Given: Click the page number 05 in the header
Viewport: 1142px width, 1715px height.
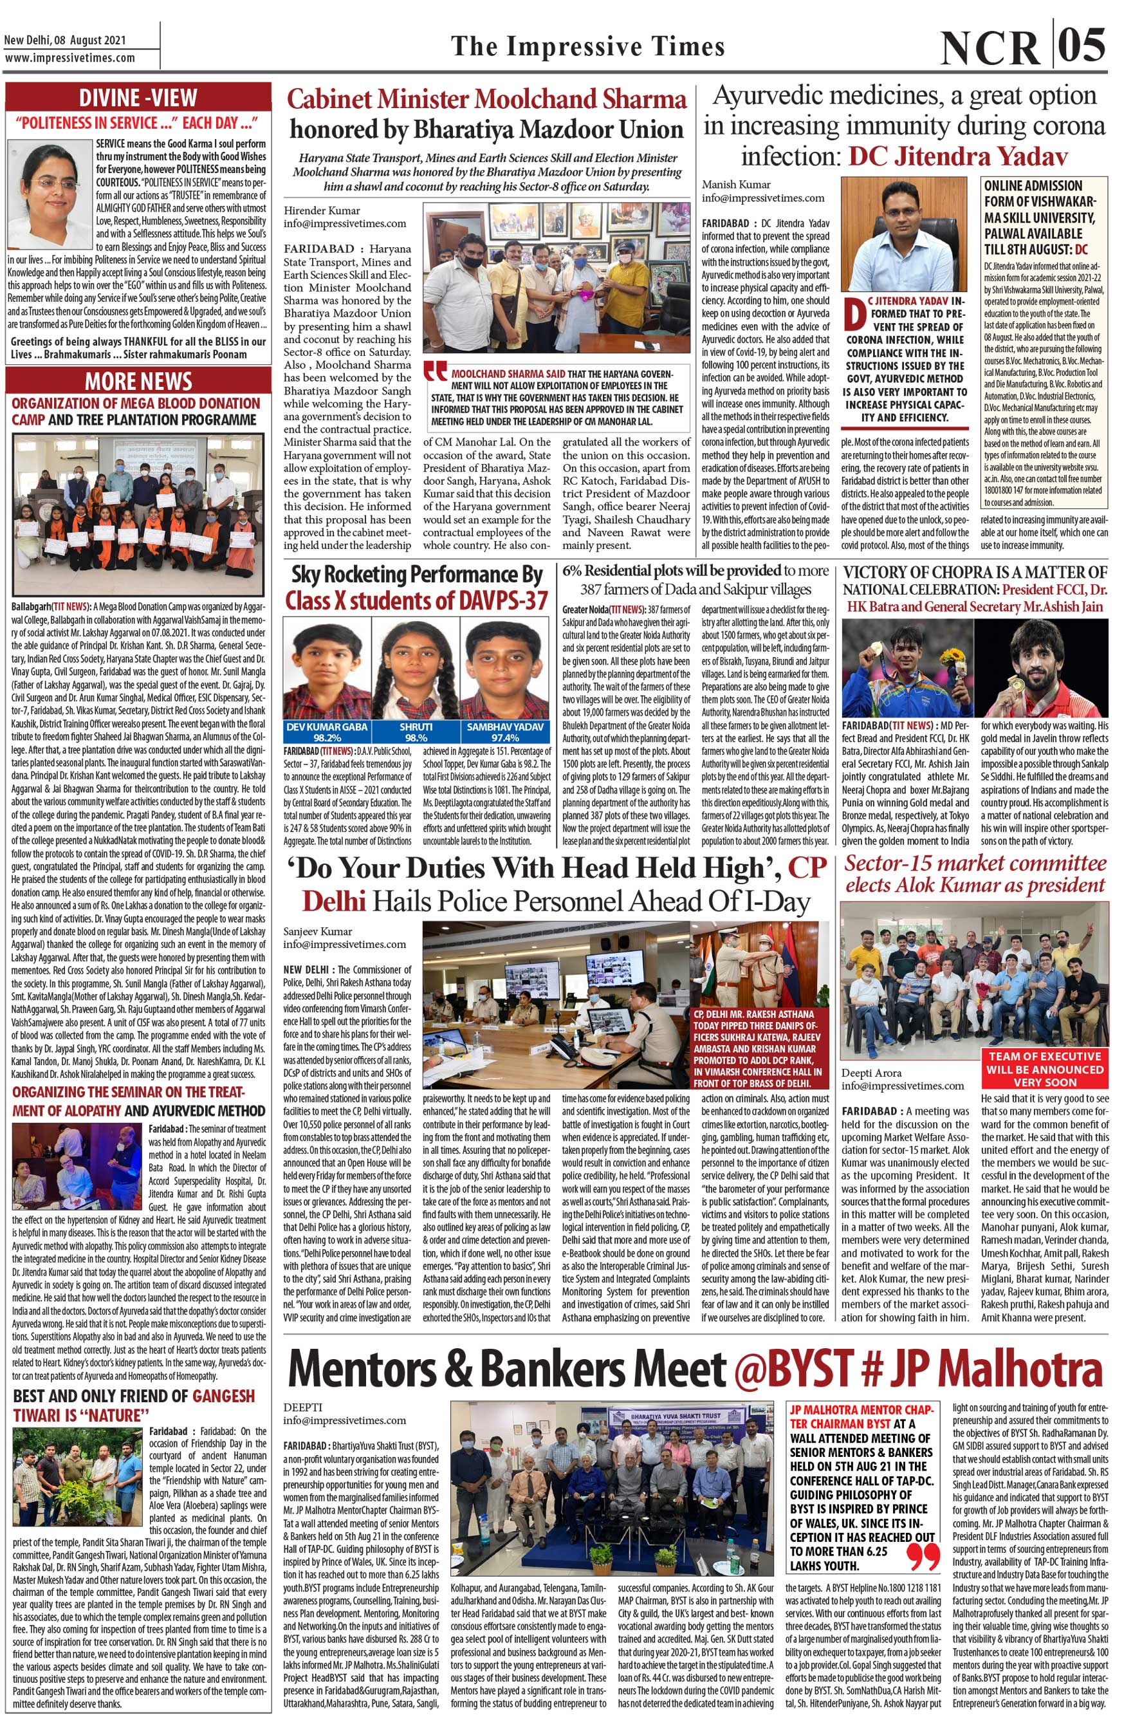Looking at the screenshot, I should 1082,46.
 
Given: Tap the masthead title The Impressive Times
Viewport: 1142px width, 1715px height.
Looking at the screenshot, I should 588,46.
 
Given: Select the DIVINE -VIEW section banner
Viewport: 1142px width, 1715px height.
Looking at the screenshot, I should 138,98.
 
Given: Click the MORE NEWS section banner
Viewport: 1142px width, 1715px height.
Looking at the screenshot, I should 138,381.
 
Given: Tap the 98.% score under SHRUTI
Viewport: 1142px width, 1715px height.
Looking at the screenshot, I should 416,737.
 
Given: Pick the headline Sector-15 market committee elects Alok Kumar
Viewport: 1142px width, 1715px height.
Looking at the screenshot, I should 975,875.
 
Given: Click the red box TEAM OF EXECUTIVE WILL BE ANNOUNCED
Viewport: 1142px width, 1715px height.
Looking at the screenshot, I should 1044,1069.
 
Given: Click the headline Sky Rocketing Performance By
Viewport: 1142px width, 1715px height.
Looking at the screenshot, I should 417,575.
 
